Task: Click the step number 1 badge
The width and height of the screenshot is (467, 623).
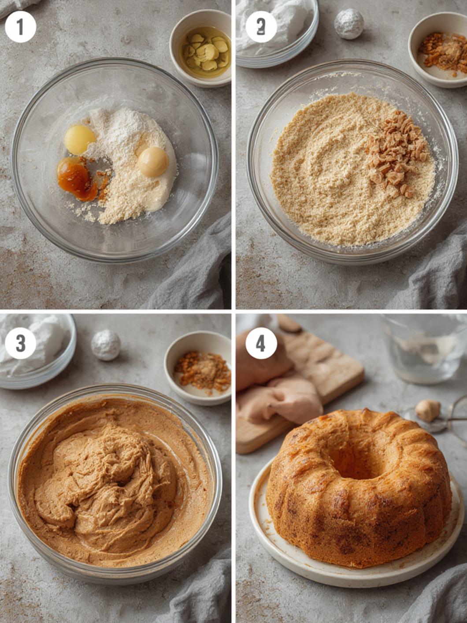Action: pos(20,27)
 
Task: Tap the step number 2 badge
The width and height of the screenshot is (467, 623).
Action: pos(261,27)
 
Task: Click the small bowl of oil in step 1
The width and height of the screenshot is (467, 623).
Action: pos(201,48)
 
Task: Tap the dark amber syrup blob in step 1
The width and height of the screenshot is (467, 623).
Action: pos(77,179)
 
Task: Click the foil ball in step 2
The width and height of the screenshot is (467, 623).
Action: pos(349,23)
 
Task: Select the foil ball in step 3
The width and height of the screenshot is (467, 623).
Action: pos(106,345)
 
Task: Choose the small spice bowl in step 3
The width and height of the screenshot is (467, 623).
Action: pos(198,368)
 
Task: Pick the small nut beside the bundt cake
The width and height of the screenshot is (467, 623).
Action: pos(427,411)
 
